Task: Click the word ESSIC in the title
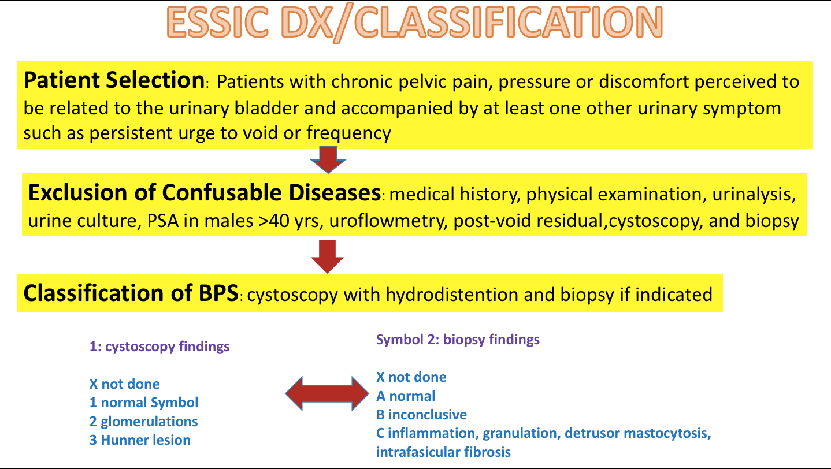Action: [x=218, y=23]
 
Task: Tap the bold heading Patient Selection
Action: [x=114, y=80]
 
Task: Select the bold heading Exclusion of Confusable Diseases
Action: [x=205, y=193]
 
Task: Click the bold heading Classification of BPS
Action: [x=131, y=293]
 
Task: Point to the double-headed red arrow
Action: [x=327, y=394]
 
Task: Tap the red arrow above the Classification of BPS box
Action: [x=327, y=256]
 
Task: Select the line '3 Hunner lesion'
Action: [x=140, y=440]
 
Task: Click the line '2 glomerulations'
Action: [x=143, y=422]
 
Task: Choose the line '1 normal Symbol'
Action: [x=144, y=403]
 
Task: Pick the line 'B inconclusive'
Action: [x=421, y=415]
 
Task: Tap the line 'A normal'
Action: [x=406, y=396]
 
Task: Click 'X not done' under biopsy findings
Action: [x=411, y=377]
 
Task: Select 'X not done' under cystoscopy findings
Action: [x=125, y=384]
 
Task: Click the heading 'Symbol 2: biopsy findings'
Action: [x=458, y=340]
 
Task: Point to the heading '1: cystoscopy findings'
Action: [x=159, y=347]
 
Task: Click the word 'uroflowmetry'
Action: [x=388, y=221]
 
